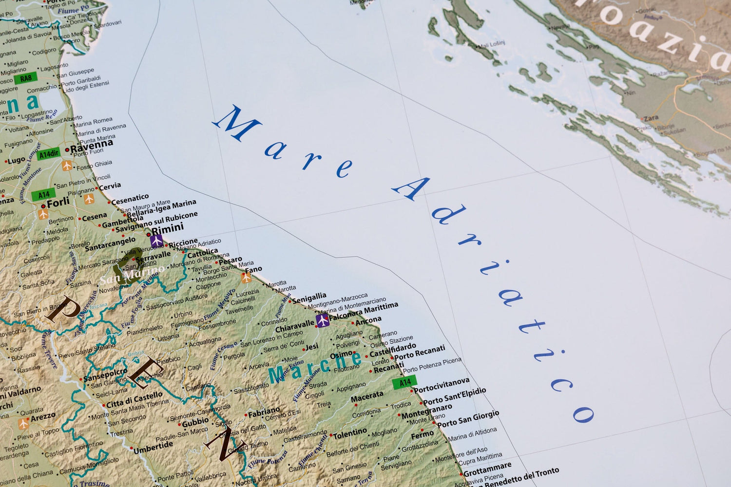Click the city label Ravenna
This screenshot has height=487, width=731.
pyautogui.click(x=92, y=145)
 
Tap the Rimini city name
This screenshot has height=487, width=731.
pyautogui.click(x=168, y=228)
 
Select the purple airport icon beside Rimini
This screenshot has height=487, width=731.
pyautogui.click(x=156, y=241)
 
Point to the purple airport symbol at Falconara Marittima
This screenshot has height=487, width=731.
pyautogui.click(x=322, y=320)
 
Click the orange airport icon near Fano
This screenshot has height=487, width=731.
pyautogui.click(x=247, y=277)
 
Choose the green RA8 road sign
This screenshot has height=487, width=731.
pyautogui.click(x=26, y=78)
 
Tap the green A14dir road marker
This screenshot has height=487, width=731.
pyautogui.click(x=49, y=154)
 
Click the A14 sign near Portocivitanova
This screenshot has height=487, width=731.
pyautogui.click(x=405, y=382)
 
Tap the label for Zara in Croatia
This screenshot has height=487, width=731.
pyautogui.click(x=651, y=118)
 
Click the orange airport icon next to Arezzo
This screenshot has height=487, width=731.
pyautogui.click(x=23, y=424)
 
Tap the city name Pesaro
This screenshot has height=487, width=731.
pyautogui.click(x=231, y=261)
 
